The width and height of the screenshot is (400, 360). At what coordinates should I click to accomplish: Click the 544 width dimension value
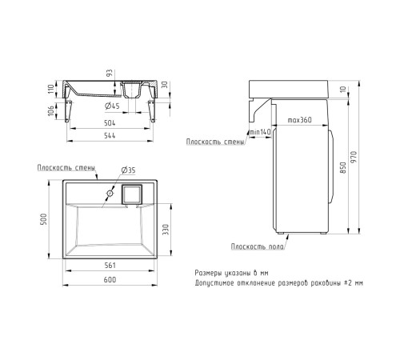[x=110, y=136]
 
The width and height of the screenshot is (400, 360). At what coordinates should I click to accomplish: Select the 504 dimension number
[x=110, y=123]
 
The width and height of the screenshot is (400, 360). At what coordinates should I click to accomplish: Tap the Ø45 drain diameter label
[x=112, y=106]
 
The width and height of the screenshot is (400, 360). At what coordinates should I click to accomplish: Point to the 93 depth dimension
[x=110, y=73]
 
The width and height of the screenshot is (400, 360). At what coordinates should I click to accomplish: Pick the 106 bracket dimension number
[x=51, y=110]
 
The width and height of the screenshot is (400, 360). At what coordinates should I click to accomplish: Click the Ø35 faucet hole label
[x=128, y=170]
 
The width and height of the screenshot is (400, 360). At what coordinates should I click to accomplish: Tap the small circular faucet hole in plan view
[x=110, y=194]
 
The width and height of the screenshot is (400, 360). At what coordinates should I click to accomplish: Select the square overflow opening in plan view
[x=132, y=194]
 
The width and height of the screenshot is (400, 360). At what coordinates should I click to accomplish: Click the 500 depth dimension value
[x=43, y=219]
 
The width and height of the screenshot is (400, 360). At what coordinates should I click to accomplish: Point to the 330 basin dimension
[x=166, y=230]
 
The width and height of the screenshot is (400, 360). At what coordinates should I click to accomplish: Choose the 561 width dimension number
[x=110, y=266]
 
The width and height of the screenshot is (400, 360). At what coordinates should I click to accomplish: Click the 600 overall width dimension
[x=110, y=280]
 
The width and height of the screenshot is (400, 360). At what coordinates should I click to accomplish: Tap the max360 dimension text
[x=299, y=120]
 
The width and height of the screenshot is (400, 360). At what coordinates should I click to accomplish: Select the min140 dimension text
[x=260, y=132]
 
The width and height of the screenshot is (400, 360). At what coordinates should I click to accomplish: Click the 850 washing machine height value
[x=343, y=167]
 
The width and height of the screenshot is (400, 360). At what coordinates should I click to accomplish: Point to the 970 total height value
[x=354, y=158]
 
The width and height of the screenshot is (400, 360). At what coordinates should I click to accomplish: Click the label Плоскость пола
[x=258, y=246]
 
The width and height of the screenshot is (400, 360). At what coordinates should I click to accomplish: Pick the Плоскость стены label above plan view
[x=66, y=168]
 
